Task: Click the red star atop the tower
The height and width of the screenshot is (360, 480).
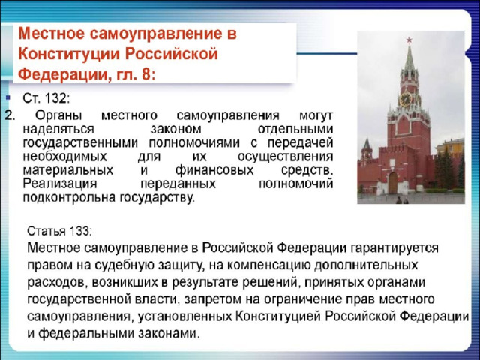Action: [x=409, y=40]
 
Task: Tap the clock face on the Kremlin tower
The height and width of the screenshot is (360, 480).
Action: [x=405, y=99]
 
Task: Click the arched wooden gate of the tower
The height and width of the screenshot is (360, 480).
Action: [x=393, y=183]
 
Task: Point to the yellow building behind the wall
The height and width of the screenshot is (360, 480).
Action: [x=450, y=146]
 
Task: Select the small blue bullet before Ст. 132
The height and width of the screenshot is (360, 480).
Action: [x=8, y=98]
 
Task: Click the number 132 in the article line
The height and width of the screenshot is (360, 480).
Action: [x=55, y=98]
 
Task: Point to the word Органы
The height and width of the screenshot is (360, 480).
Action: [x=58, y=116]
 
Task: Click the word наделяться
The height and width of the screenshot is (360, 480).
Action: [x=58, y=129]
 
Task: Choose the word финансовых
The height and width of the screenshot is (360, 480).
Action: [x=214, y=170]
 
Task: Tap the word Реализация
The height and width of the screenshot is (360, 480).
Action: [x=60, y=184]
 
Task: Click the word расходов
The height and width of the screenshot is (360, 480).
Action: [x=58, y=282]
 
